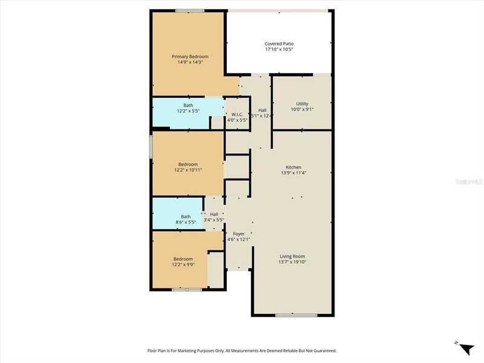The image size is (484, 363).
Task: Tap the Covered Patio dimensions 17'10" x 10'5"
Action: pos(279,50)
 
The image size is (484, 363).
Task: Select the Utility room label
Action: pos(302,103)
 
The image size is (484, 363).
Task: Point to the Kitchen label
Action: pos(293,167)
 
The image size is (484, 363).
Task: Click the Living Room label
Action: pos(292,256)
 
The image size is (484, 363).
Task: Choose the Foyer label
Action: pos(238,234)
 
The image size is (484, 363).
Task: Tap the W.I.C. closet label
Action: pos(237,114)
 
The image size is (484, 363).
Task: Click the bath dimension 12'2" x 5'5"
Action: pos(188,111)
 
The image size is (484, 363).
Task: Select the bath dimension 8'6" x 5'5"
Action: pos(186,223)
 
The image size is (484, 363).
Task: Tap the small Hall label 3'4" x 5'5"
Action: pos(214,220)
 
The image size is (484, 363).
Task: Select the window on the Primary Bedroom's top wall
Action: pos(189,10)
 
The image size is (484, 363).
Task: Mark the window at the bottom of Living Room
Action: pos(292,315)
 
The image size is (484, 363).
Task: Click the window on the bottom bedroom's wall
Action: pos(186,290)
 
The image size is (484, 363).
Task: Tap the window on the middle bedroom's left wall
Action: pos(151,147)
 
